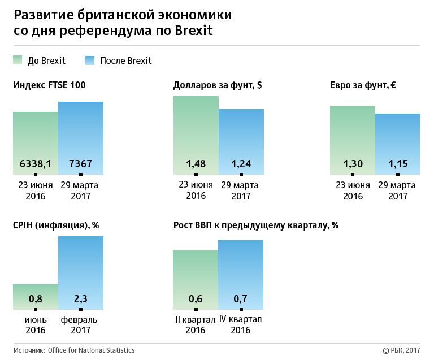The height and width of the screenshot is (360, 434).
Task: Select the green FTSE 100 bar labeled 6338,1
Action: point(36,141)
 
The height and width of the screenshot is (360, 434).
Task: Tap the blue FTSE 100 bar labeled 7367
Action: point(81,136)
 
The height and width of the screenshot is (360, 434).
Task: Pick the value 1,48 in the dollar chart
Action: point(196,164)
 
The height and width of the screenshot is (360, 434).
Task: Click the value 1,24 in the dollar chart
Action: point(241,164)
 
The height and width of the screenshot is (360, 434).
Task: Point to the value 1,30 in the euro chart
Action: point(353,164)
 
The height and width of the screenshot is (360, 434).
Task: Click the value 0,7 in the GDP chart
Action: point(241,299)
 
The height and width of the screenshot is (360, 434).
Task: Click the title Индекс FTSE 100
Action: point(49,85)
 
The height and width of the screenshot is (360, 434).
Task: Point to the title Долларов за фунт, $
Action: point(218,85)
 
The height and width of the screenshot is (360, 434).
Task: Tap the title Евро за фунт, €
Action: point(363,85)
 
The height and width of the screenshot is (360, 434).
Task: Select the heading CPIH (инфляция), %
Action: point(56,225)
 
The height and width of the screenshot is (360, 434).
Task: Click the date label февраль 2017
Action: point(79,325)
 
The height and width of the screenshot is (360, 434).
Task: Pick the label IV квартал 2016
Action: point(241,325)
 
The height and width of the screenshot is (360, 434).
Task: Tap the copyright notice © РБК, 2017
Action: point(402,350)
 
